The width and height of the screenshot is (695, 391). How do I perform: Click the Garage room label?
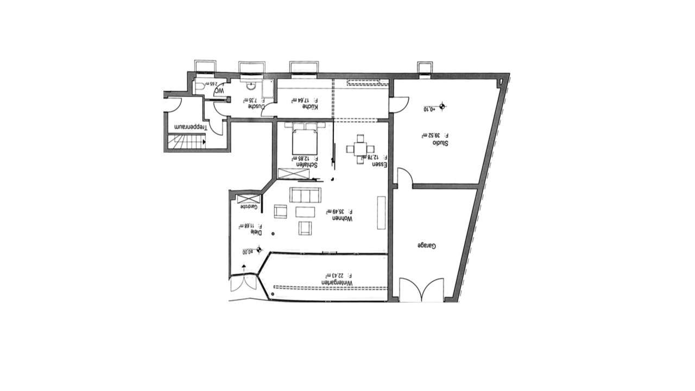pyautogui.click(x=427, y=246)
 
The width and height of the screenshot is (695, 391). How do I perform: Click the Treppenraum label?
pyautogui.click(x=190, y=126)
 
